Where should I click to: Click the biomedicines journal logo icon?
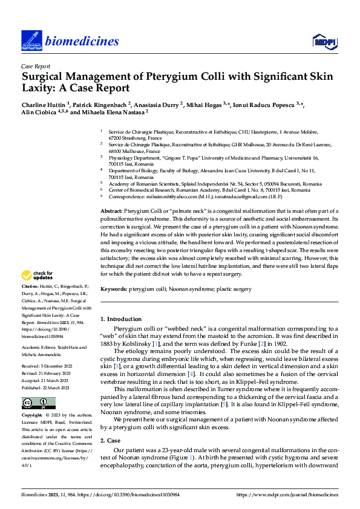pos(31,41)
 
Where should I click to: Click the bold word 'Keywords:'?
pos(113,290)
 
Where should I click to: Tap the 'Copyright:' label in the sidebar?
pos(31,400)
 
